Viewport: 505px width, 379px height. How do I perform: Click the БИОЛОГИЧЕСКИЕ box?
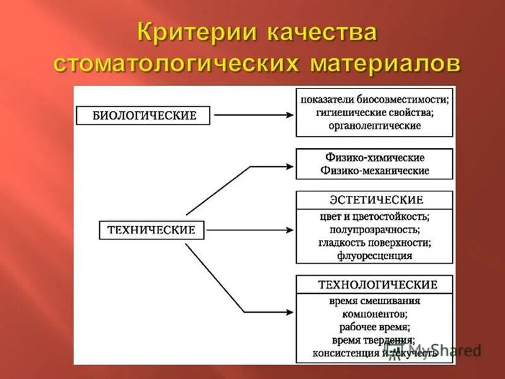(x=145, y=115)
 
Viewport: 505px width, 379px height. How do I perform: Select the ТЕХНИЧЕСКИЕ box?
(x=151, y=230)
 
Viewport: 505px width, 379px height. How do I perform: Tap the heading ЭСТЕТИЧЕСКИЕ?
(x=376, y=200)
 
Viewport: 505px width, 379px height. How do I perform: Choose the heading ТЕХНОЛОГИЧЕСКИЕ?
(x=374, y=284)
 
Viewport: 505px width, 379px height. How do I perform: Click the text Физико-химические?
(x=375, y=157)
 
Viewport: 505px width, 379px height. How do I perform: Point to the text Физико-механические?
(x=375, y=171)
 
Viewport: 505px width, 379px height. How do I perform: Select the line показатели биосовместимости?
(x=375, y=99)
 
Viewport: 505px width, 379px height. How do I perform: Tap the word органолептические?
(x=375, y=126)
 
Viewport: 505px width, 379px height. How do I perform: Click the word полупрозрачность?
(x=375, y=229)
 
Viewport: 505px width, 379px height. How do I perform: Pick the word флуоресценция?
(x=375, y=256)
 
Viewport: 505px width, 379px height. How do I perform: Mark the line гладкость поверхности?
(x=375, y=243)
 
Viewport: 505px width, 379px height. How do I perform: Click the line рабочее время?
(x=375, y=327)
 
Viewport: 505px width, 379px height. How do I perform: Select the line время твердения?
(x=375, y=340)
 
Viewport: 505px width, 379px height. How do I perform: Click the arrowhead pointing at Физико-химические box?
(x=290, y=167)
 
